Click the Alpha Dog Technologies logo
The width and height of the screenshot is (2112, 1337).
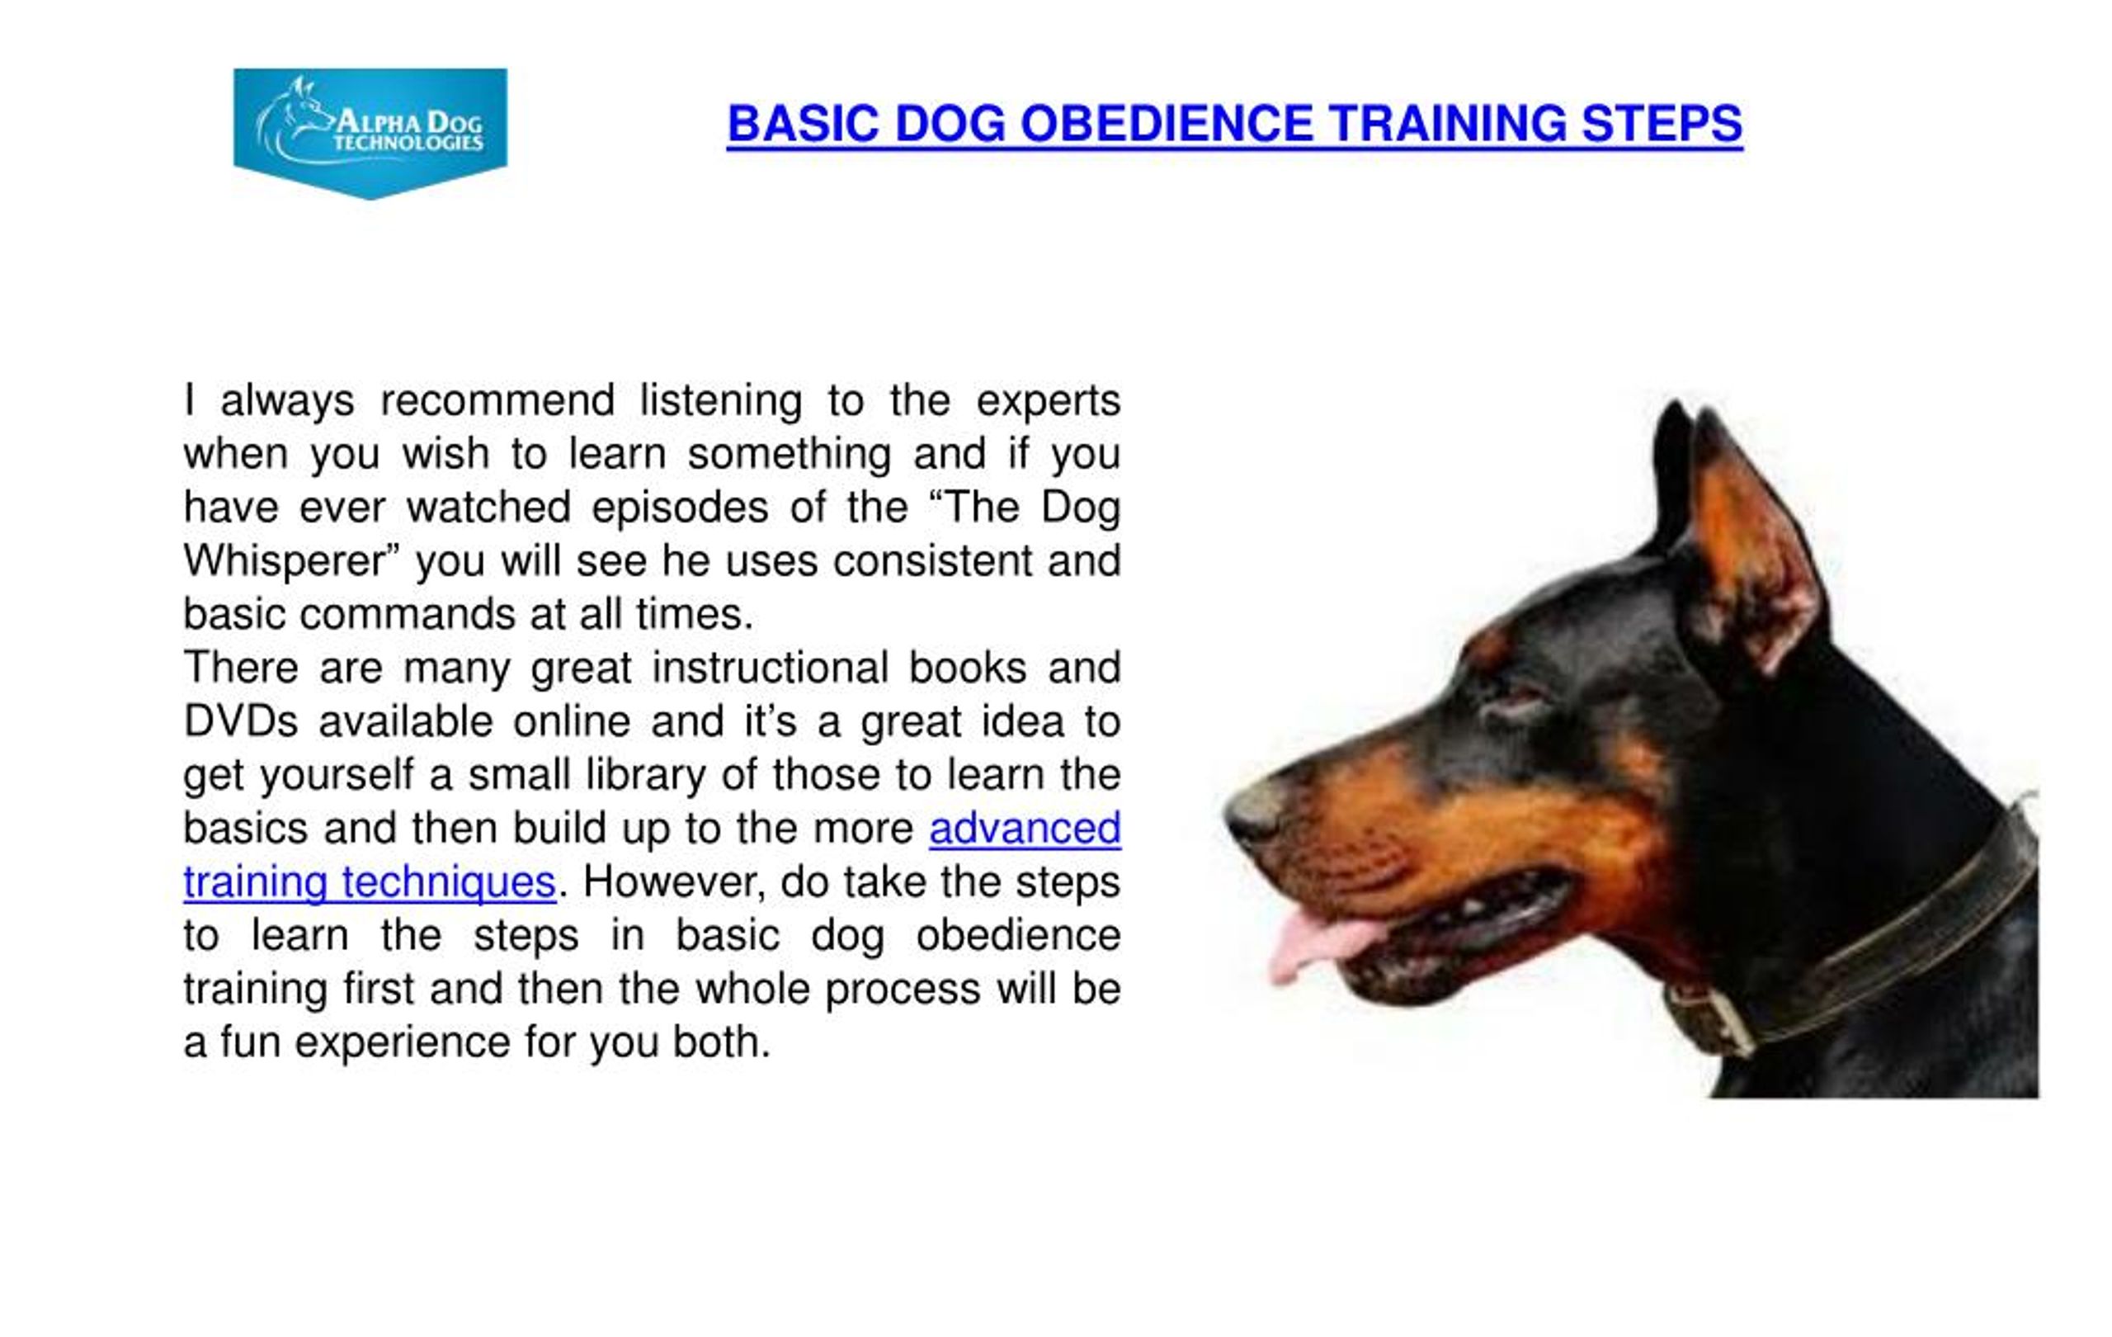(x=370, y=131)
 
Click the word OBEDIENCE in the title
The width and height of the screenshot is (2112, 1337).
(x=1167, y=123)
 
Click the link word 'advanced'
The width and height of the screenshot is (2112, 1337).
(x=1025, y=828)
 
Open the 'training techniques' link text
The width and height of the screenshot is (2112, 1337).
(x=370, y=881)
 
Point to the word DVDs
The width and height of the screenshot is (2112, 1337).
(x=240, y=722)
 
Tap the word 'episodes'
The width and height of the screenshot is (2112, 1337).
(x=680, y=508)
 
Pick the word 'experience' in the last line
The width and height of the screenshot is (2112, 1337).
(x=403, y=1042)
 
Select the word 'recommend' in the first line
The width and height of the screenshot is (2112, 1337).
(x=497, y=401)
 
